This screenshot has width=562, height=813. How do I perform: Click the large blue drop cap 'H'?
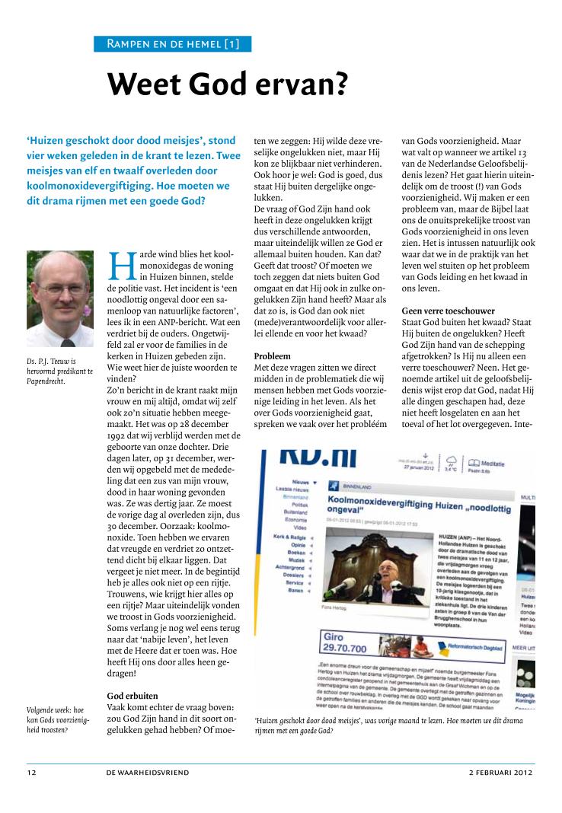click(123, 264)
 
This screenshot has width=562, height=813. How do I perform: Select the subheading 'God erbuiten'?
click(134, 696)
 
